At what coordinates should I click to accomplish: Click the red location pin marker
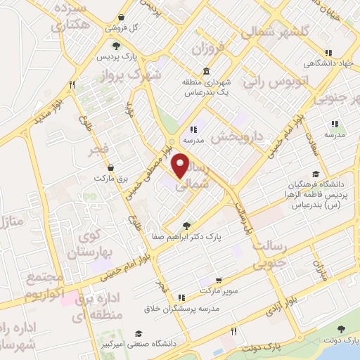coord(181,166)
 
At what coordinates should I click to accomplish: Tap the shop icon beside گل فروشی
coord(122,17)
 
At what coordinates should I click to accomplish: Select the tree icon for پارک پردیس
coord(106,45)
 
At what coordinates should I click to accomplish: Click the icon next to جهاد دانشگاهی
coord(328,52)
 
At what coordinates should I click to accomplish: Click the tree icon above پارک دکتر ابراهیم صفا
coord(186,226)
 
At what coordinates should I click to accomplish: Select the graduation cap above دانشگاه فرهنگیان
coord(316,174)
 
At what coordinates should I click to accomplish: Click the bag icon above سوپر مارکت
coord(219,279)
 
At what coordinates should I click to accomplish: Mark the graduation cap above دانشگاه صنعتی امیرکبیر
coord(139,333)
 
